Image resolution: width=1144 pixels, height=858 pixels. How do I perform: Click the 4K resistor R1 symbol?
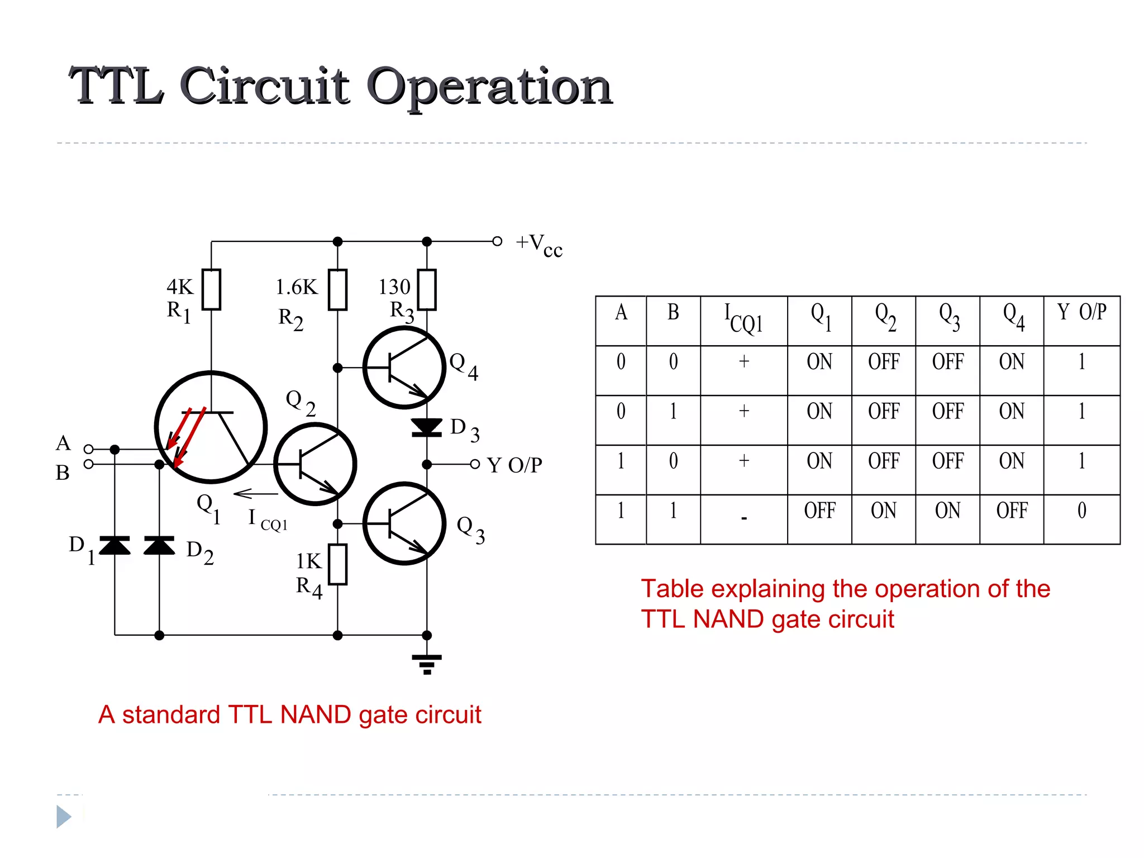[x=211, y=289]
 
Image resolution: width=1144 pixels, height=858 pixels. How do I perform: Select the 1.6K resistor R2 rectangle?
[x=337, y=289]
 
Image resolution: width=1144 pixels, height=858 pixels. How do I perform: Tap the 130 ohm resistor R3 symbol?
[x=427, y=289]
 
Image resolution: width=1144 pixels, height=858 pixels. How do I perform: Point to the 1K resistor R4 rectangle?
[x=337, y=564]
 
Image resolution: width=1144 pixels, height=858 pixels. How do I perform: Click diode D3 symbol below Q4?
[x=427, y=427]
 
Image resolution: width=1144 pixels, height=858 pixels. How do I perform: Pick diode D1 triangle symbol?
[x=115, y=545]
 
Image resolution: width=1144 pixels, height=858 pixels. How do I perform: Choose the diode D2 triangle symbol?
[x=159, y=545]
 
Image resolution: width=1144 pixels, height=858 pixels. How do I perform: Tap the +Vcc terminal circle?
[x=497, y=241]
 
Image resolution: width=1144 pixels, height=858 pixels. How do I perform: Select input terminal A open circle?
[x=88, y=449]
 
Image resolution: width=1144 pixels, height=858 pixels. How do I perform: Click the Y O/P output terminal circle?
[x=475, y=464]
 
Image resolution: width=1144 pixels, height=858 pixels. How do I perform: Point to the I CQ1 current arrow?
[x=255, y=494]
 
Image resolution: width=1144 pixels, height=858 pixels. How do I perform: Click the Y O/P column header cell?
[x=1081, y=312]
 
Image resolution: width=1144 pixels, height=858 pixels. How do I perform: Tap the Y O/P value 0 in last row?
[x=1081, y=511]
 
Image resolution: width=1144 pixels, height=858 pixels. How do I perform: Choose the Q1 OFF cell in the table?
[x=819, y=511]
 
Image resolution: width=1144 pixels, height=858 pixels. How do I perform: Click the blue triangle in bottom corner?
[x=63, y=817]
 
